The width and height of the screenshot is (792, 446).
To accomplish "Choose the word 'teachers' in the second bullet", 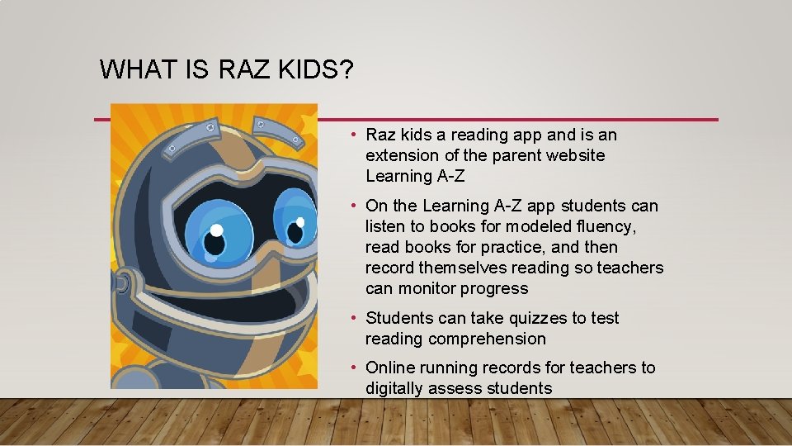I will (629, 268).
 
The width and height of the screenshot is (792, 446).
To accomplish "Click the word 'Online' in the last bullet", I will (390, 368).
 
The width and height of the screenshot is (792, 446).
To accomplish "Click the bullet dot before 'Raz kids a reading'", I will (352, 135).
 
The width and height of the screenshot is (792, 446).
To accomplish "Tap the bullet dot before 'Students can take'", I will (352, 318).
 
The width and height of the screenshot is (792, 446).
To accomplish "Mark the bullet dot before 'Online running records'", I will (352, 368).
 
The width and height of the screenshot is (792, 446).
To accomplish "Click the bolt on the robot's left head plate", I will (174, 150).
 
